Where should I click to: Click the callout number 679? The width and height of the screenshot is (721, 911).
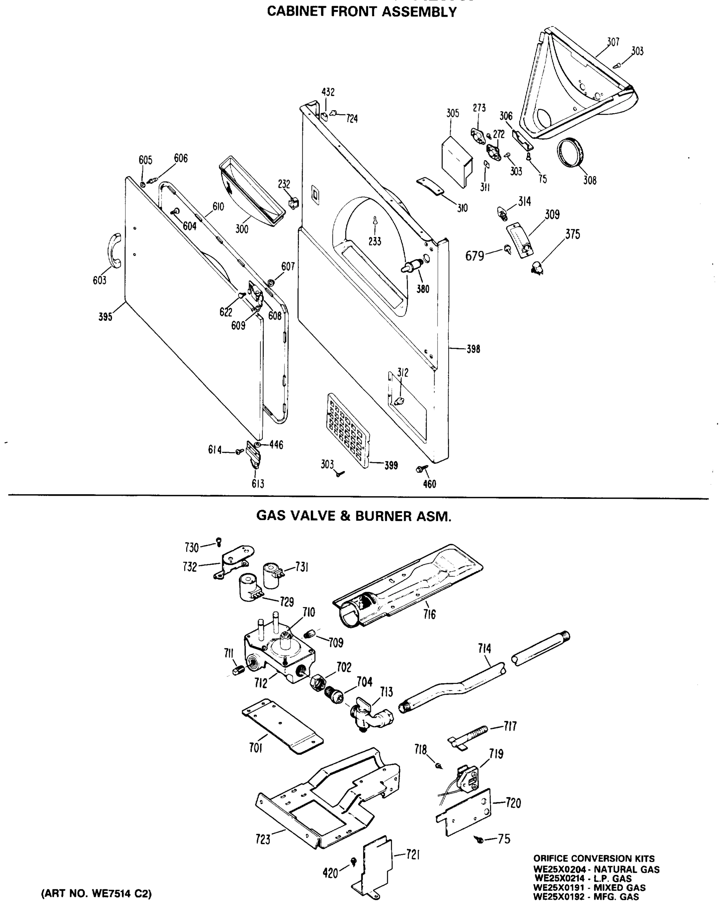point(474,255)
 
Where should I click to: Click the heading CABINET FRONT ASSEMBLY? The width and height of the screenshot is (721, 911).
point(362,12)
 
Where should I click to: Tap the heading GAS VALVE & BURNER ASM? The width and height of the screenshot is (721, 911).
point(354,516)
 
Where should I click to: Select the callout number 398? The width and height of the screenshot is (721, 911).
point(473,349)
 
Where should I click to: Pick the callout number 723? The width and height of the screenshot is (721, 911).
point(262,839)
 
